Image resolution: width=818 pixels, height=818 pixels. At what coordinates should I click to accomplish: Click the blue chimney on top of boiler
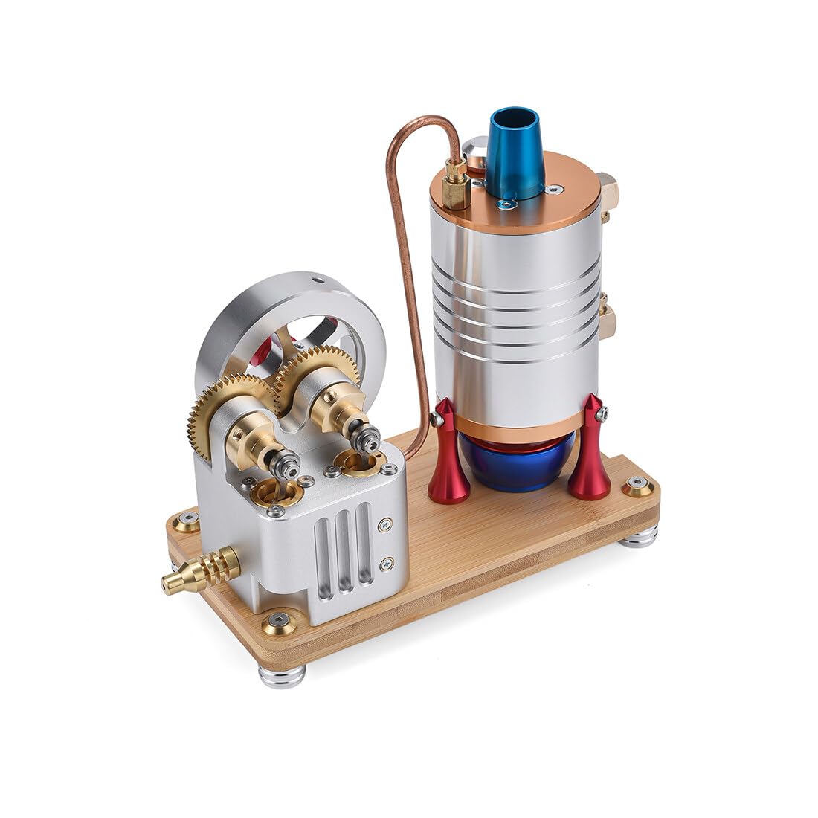click(515, 152)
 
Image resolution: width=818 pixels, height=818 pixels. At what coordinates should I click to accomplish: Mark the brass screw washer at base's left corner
click(188, 520)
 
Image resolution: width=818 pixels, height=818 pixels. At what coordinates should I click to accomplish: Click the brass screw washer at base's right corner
click(638, 486)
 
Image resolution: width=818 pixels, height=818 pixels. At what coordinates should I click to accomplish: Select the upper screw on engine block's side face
click(384, 524)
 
